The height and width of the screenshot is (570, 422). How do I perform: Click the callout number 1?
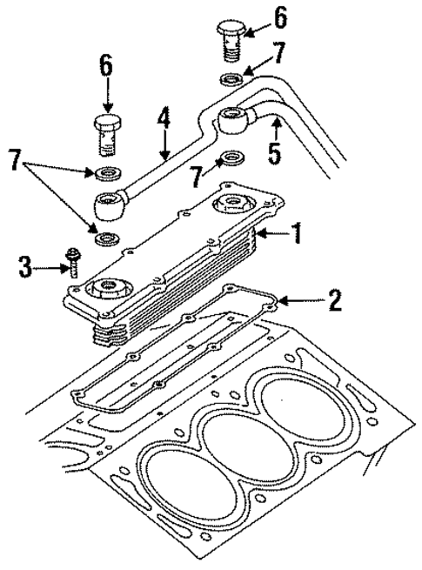pos(296,232)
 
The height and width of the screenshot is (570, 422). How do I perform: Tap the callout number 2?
pos(333,301)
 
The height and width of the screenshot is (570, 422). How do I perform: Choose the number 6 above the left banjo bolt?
pos(107,67)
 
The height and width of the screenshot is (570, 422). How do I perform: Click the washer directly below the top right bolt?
pos(231,82)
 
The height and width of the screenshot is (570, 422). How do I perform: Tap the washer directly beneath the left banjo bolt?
pos(109,171)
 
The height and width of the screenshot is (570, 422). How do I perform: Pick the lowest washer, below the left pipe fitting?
pos(109,238)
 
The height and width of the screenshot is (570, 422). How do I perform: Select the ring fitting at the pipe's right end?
pos(237,117)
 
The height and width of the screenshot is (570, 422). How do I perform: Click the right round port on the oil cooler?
pos(234,206)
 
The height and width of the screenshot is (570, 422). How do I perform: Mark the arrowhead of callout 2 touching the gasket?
pos(279,301)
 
